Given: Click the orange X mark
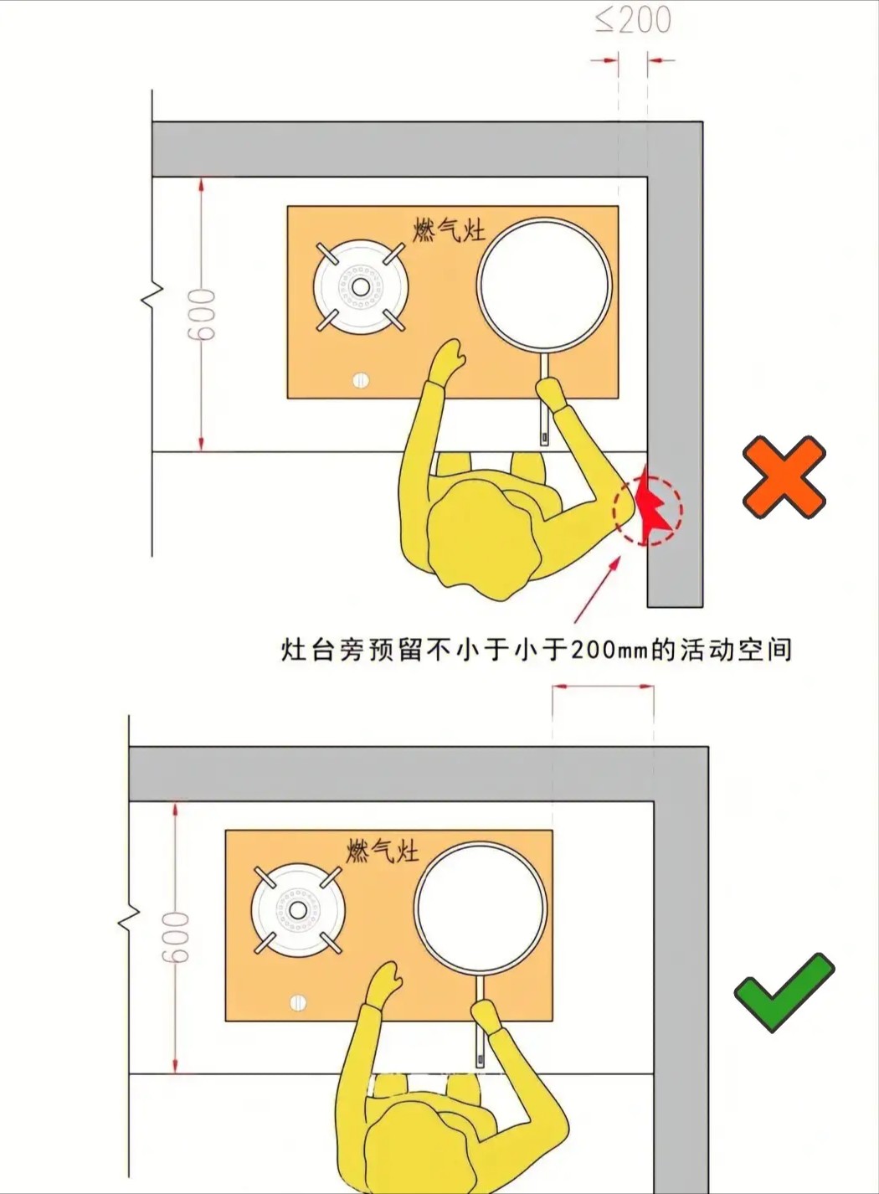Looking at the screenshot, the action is (x=784, y=477).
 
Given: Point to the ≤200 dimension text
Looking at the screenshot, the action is (x=633, y=21).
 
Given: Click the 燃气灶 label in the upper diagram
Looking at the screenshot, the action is (x=450, y=231).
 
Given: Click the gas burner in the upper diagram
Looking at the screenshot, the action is (x=360, y=287).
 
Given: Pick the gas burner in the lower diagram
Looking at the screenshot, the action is (x=297, y=910).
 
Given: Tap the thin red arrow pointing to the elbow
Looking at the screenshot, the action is (x=598, y=589).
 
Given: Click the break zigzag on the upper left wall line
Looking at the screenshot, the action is (x=152, y=298).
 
